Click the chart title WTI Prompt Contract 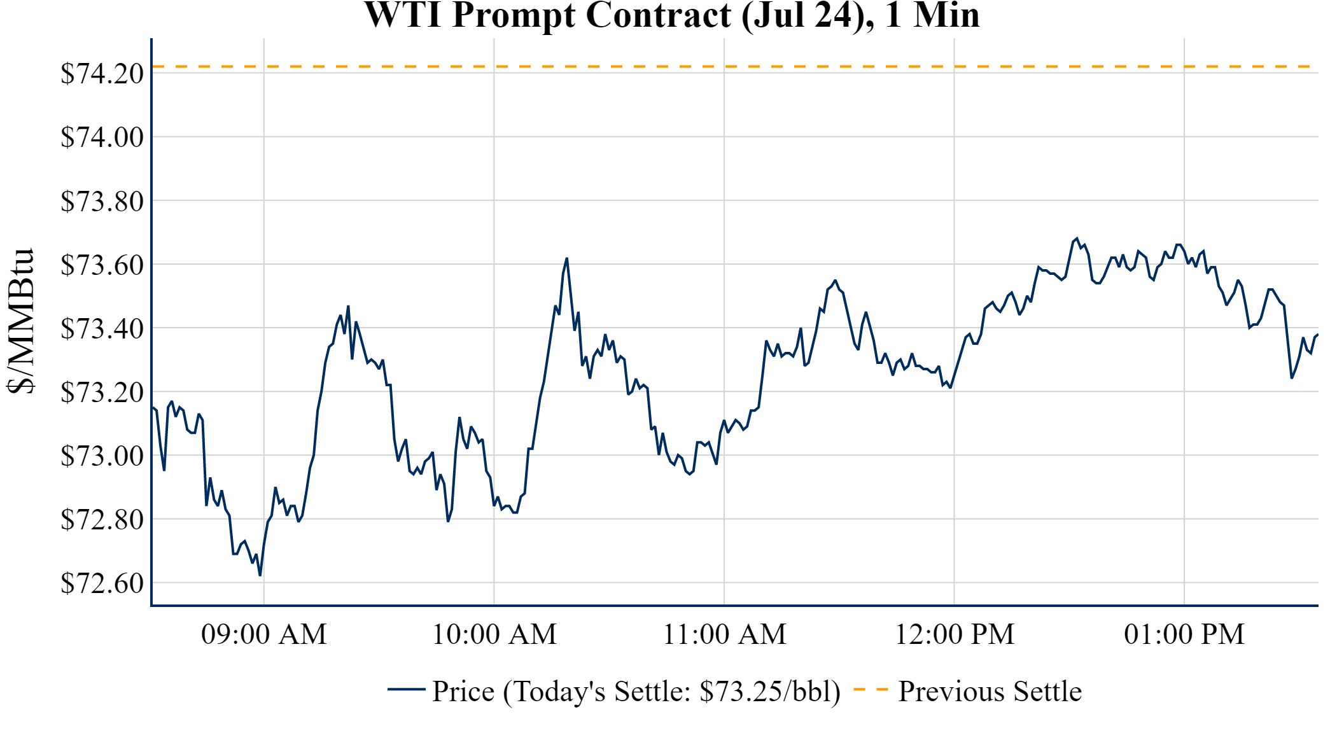[671, 15]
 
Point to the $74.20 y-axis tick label [102, 73]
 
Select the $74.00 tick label [102, 137]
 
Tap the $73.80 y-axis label [102, 201]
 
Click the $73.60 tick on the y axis [102, 265]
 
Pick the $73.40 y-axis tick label [102, 328]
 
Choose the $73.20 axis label [102, 392]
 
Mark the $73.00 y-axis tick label [102, 456]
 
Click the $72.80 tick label [102, 519]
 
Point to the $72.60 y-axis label [102, 583]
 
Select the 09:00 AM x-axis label [263, 634]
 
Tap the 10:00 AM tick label [494, 634]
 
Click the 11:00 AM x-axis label [724, 634]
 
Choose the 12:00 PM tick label [954, 634]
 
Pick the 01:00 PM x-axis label [1184, 634]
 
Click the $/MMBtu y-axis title [20, 321]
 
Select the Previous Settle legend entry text [990, 692]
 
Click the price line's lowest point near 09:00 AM [260, 575]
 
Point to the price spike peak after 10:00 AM [566, 259]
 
